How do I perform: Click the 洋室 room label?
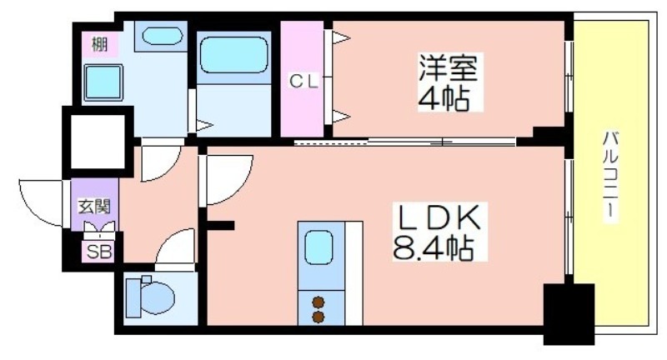point(448,67)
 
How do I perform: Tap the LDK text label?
point(439,217)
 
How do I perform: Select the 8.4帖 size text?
point(433,247)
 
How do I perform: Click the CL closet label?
point(303,81)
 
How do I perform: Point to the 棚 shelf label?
point(99,44)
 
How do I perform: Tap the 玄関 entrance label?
point(94,207)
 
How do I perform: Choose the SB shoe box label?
point(99,252)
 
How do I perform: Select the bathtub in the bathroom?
point(233,54)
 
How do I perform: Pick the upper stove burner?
point(318,302)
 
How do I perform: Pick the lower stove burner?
point(318,317)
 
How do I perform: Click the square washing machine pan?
point(103,82)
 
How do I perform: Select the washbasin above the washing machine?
point(162,36)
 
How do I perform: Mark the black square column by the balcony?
point(569,313)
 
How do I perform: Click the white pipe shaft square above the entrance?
point(98,142)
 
